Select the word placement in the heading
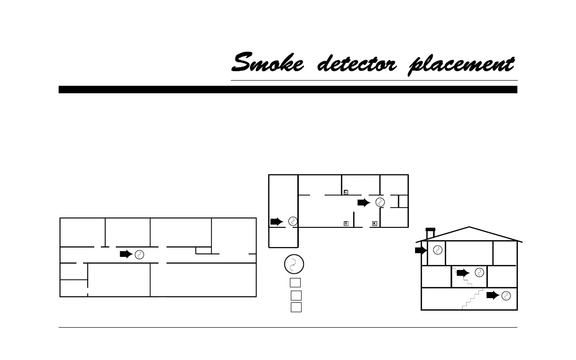462,65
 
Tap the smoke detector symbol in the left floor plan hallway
139,255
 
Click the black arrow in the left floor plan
126,254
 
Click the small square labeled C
346,192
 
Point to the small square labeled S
346,223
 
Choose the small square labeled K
374,223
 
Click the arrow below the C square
364,202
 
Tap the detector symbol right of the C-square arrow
380,202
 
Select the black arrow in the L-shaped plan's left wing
277,221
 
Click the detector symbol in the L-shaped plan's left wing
293,221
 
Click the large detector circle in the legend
294,264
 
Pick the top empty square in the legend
295,282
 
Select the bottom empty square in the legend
296,307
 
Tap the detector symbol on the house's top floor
437,250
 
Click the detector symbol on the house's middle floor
479,272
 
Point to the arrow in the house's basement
493,295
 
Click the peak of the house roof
469,227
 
